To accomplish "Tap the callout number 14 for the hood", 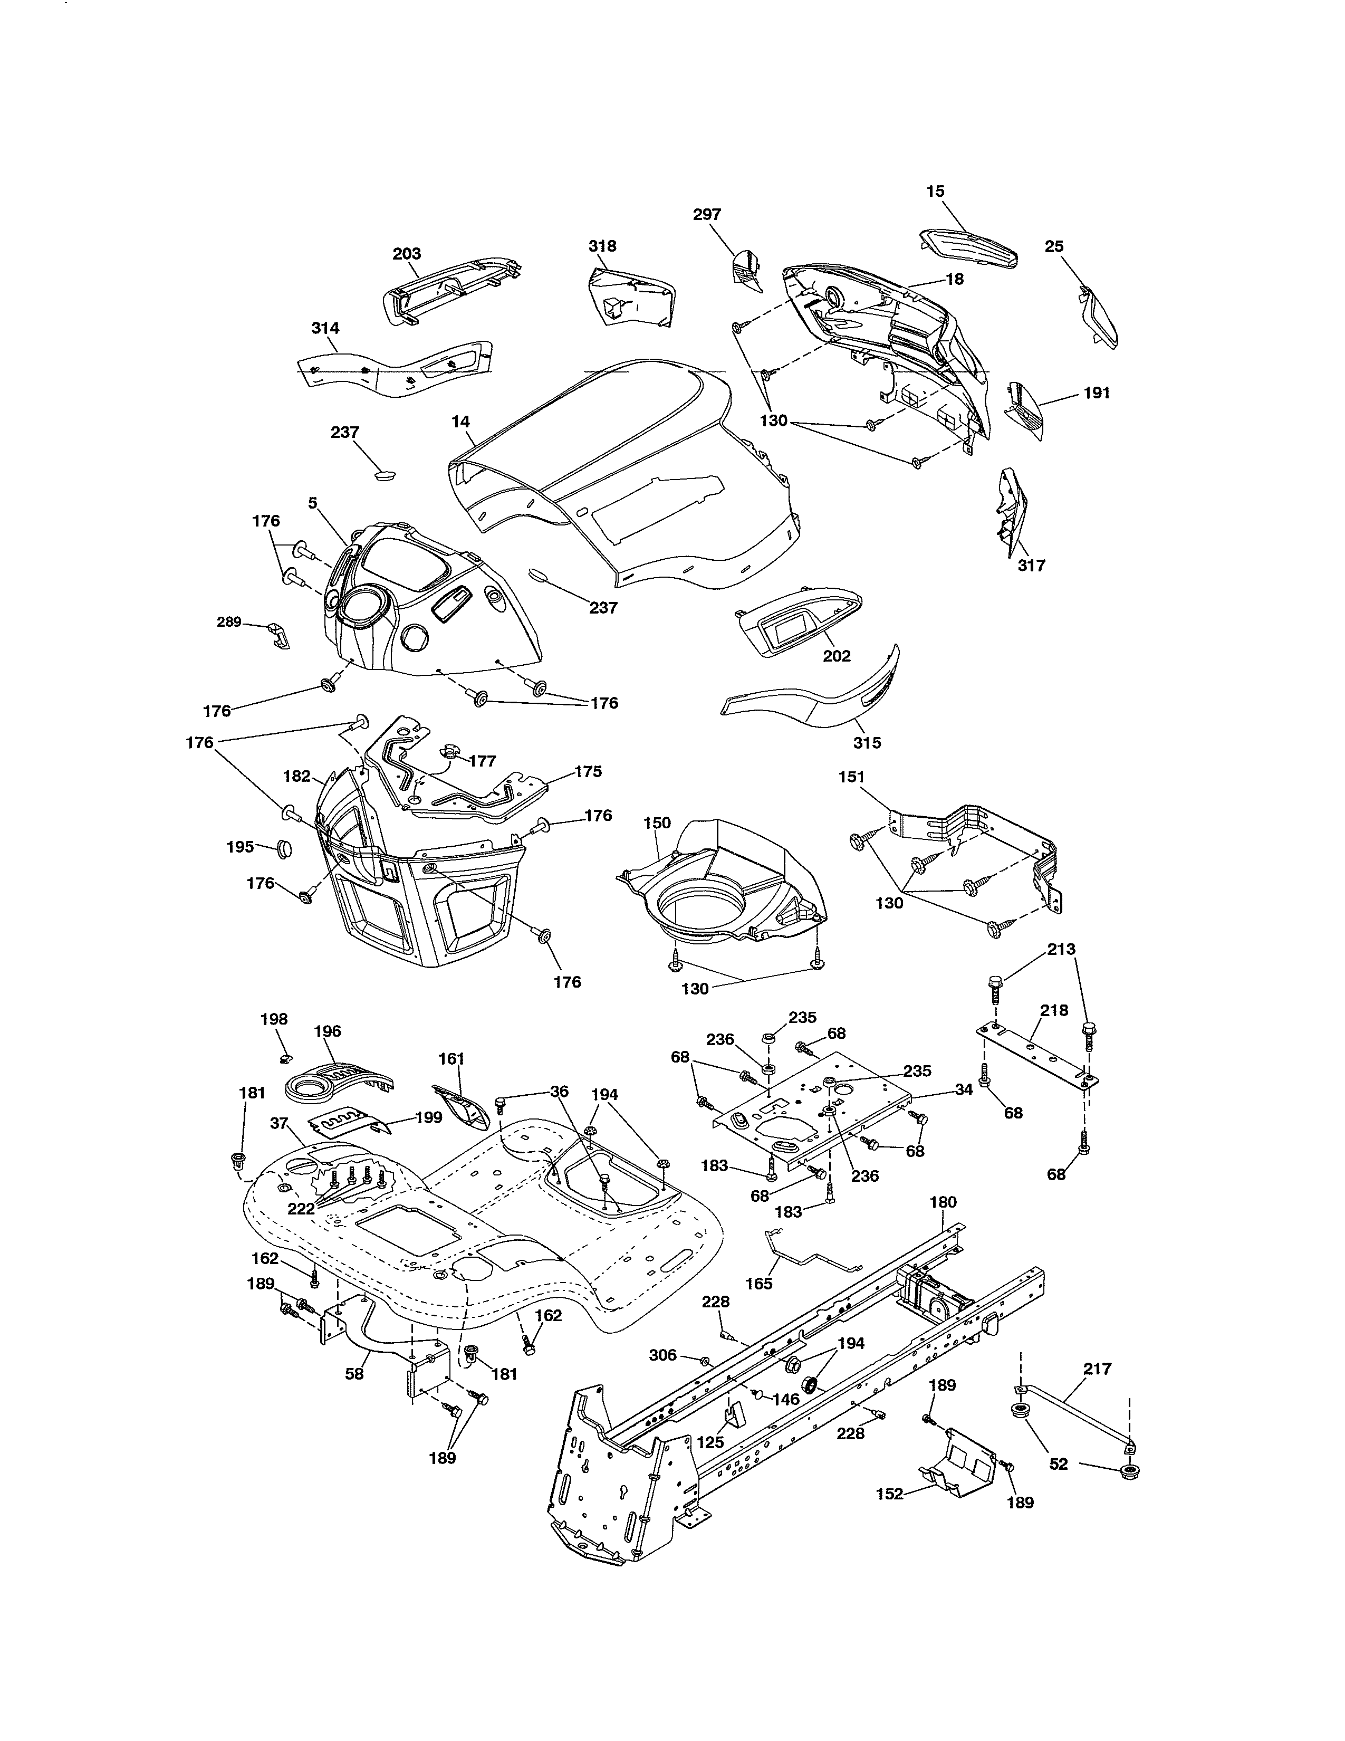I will coord(460,422).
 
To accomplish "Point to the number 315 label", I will coord(867,742).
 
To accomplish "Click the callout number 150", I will coord(657,822).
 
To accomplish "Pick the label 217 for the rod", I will coord(1097,1369).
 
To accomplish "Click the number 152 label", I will coord(889,1494).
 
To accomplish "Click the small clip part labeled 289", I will coord(279,635).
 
